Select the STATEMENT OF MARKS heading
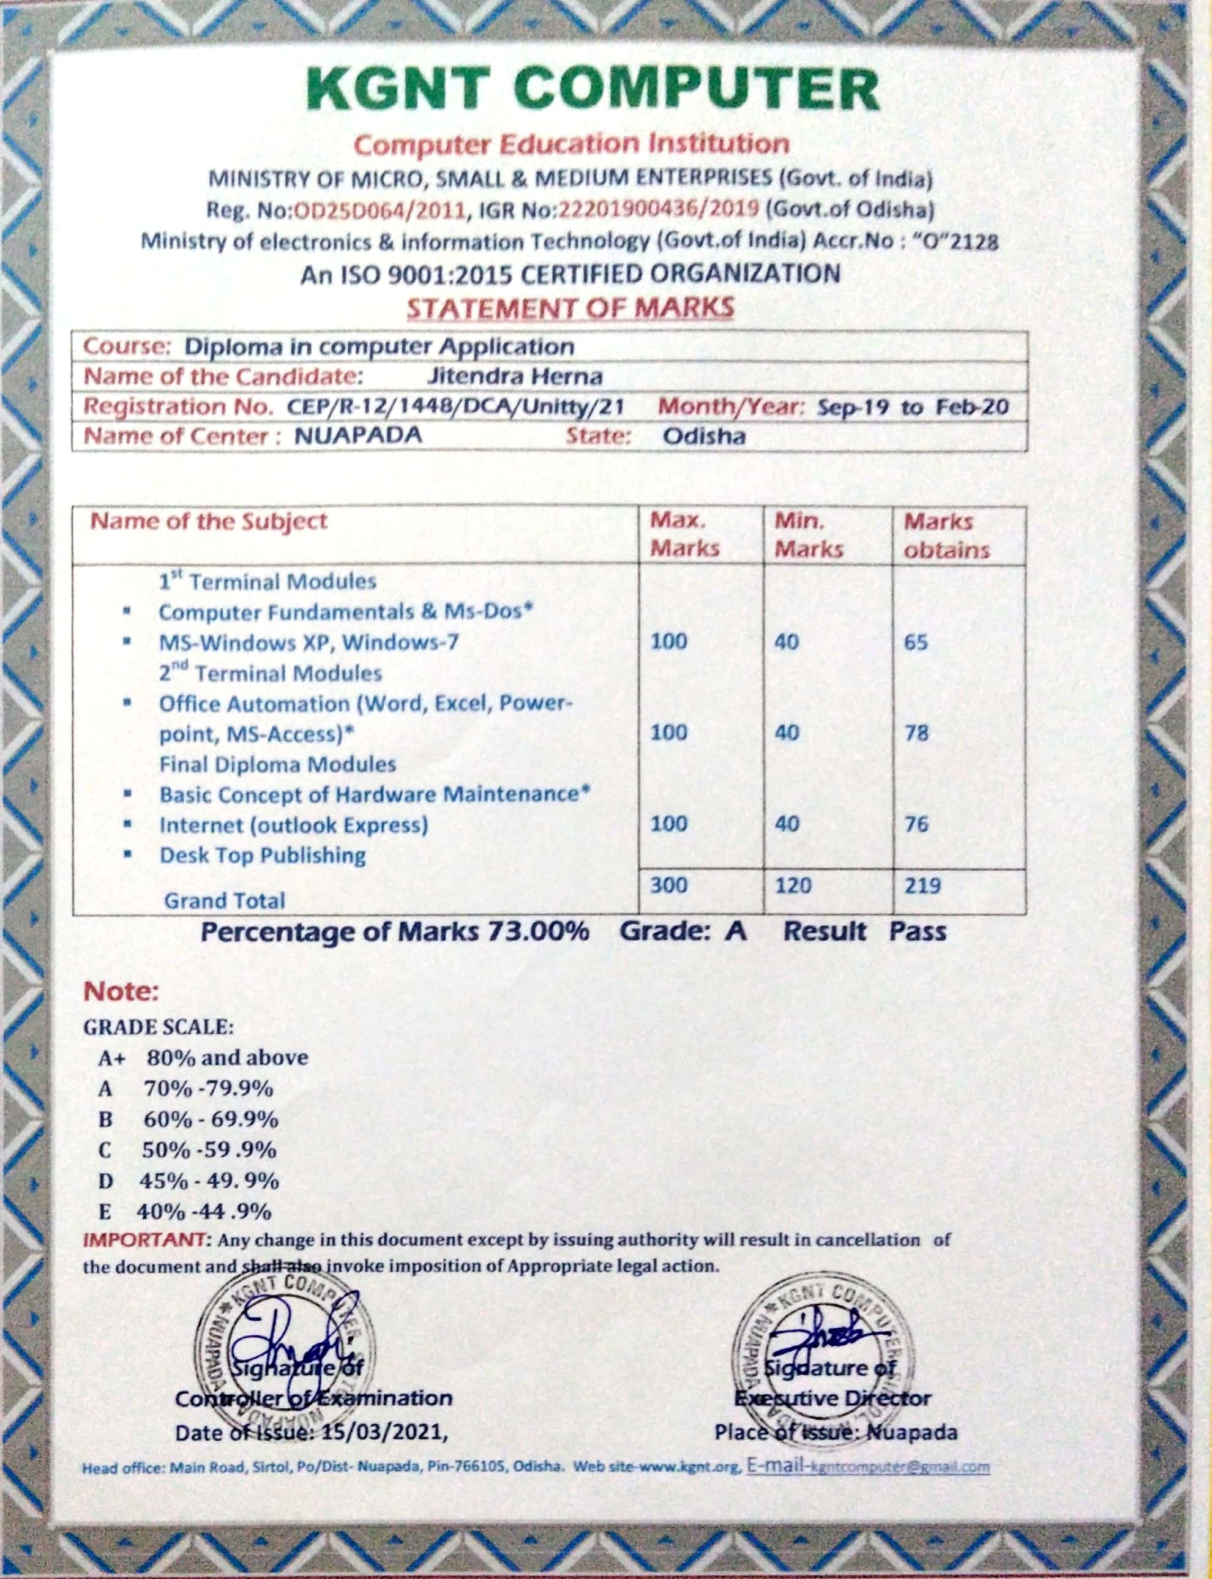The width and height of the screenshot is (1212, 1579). point(570,308)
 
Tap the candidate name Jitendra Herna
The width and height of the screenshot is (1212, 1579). point(514,376)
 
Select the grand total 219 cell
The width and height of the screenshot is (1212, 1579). point(922,885)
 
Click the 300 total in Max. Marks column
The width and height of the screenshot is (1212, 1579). point(669,885)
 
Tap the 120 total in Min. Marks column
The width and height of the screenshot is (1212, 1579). point(793,885)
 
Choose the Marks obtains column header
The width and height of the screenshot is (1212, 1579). point(946,536)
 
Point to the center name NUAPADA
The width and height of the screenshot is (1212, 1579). point(358,436)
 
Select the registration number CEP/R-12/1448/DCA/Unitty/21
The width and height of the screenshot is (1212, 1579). point(455,407)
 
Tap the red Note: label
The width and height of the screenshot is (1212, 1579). point(121,992)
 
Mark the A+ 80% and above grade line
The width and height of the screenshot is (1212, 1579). point(203,1058)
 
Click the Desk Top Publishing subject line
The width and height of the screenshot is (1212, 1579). point(262,856)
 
